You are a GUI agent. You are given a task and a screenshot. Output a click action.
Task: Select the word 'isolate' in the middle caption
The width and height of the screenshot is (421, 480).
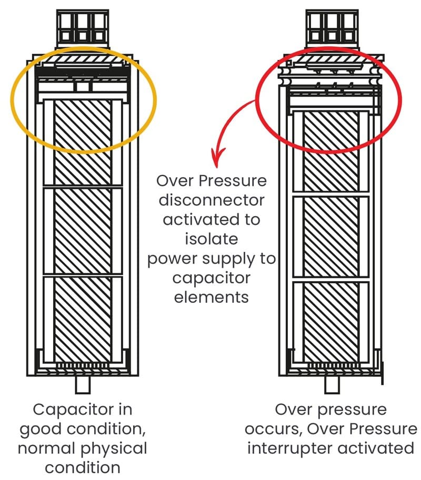[x=213, y=239]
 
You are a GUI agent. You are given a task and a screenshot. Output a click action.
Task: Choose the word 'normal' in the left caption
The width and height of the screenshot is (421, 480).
[x=52, y=448]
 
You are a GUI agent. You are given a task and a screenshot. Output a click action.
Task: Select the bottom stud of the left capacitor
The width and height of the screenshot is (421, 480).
[x=83, y=384]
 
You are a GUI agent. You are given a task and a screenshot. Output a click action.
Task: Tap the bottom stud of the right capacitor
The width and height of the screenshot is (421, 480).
[x=332, y=384]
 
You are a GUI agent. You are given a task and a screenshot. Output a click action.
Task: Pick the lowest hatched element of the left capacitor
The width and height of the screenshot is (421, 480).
[x=83, y=319]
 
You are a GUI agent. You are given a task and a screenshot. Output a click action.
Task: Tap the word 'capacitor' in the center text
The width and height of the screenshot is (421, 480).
[x=213, y=278]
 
